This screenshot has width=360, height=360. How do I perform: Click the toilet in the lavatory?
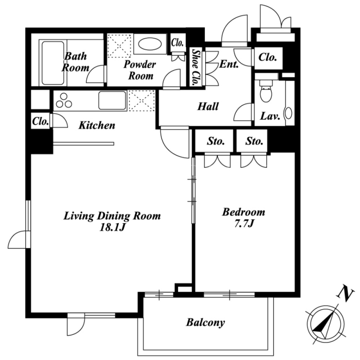click(x=266, y=91)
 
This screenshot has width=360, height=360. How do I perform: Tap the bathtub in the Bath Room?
click(x=53, y=63)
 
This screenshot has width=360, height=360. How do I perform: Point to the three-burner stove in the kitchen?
click(x=64, y=101)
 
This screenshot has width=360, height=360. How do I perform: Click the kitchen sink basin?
click(x=112, y=100)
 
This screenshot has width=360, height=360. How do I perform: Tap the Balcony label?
click(x=205, y=322)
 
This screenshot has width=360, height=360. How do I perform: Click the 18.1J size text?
click(x=112, y=227)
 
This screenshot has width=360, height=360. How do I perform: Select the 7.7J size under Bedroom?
click(x=243, y=223)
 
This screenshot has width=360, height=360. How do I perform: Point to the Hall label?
click(x=208, y=107)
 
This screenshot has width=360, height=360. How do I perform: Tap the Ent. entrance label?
click(x=229, y=64)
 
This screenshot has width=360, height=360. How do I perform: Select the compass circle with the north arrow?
click(x=325, y=325)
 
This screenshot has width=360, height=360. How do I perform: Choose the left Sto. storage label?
click(x=216, y=141)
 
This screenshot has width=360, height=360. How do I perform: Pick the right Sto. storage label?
click(x=254, y=141)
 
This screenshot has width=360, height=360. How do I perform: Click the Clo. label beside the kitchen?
click(x=40, y=121)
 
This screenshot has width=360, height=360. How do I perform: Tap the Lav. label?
click(x=270, y=117)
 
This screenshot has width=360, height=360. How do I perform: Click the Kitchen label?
click(x=97, y=126)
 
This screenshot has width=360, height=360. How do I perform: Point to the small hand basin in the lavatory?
click(x=288, y=113)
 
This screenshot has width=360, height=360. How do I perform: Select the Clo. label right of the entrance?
click(x=267, y=57)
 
